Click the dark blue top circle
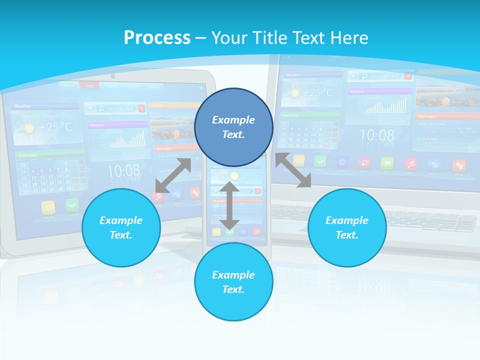tap(233, 127)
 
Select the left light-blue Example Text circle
tap(121, 227)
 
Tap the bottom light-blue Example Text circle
tap(233, 282)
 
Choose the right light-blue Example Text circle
tap(347, 227)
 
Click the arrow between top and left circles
tap(173, 175)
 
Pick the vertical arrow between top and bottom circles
tap(229, 205)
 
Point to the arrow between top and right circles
tap(293, 170)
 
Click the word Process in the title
tap(157, 37)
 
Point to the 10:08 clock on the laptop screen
tap(377, 135)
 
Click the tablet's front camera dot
tap(113, 76)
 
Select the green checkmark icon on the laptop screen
tap(320, 161)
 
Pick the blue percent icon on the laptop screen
tap(434, 164)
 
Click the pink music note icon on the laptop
tap(410, 163)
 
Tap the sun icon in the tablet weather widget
tap(29, 128)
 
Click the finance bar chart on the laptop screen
tap(385, 105)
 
